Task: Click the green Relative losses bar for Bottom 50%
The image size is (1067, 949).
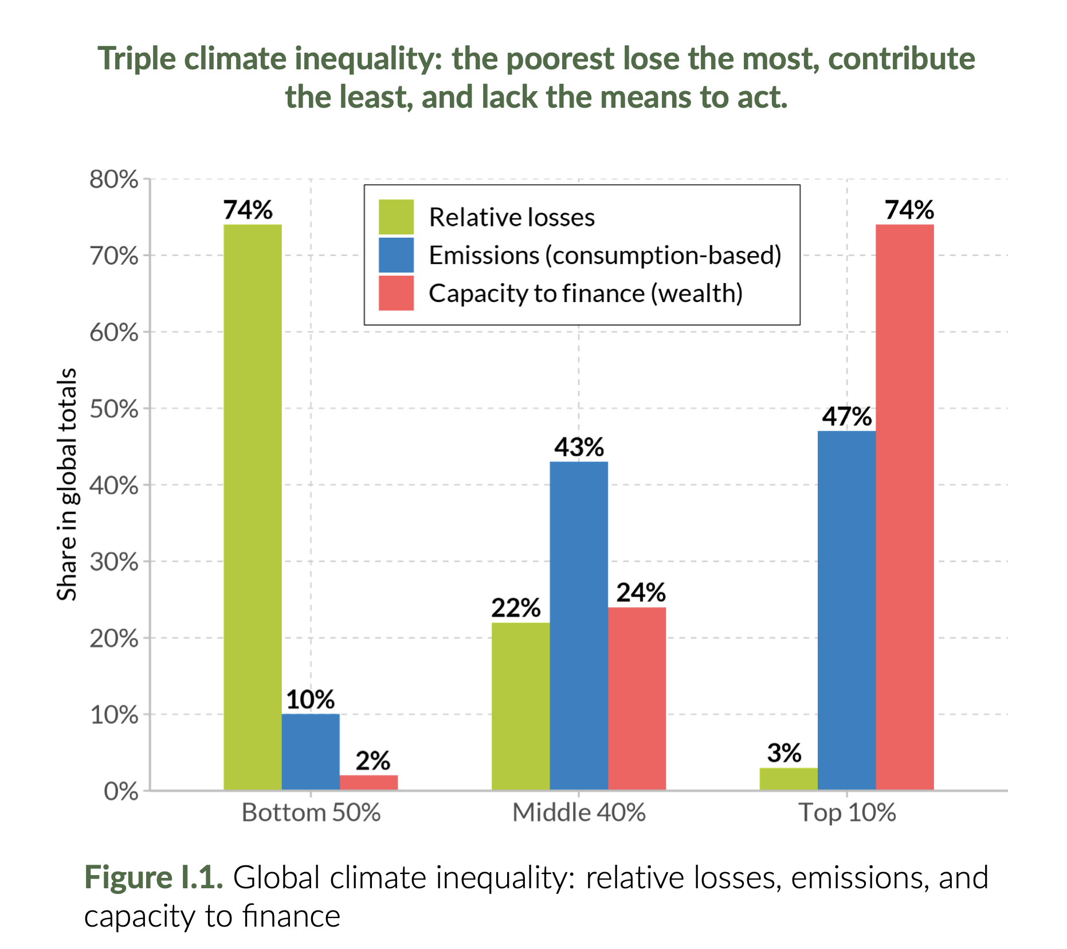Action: pyautogui.click(x=252, y=507)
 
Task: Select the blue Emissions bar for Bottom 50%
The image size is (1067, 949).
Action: pyautogui.click(x=311, y=752)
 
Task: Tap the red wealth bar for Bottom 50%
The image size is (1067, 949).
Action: pyautogui.click(x=368, y=783)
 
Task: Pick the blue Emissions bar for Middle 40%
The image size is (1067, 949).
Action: pyautogui.click(x=578, y=626)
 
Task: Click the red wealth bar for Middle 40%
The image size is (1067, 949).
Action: pyautogui.click(x=637, y=699)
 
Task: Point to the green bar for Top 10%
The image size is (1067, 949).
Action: pyautogui.click(x=789, y=779)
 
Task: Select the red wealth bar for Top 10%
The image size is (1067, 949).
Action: pyautogui.click(x=904, y=507)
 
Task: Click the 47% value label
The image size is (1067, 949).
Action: pyautogui.click(x=846, y=417)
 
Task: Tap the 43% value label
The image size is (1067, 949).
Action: pyautogui.click(x=578, y=447)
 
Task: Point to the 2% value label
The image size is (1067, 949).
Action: pyautogui.click(x=372, y=761)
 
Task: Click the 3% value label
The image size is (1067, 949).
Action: pyautogui.click(x=784, y=753)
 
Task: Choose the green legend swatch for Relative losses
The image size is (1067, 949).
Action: pyautogui.click(x=396, y=217)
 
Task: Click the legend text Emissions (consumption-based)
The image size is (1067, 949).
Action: pyautogui.click(x=605, y=255)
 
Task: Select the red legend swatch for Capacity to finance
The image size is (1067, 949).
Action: pyautogui.click(x=396, y=293)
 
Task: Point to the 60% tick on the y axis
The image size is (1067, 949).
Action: pyautogui.click(x=114, y=332)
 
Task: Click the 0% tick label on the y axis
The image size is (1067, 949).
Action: pyautogui.click(x=121, y=791)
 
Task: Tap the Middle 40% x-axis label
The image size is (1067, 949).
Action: pyautogui.click(x=579, y=813)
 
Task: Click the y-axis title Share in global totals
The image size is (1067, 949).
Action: pyautogui.click(x=67, y=484)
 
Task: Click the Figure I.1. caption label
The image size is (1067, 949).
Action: pyautogui.click(x=154, y=877)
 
